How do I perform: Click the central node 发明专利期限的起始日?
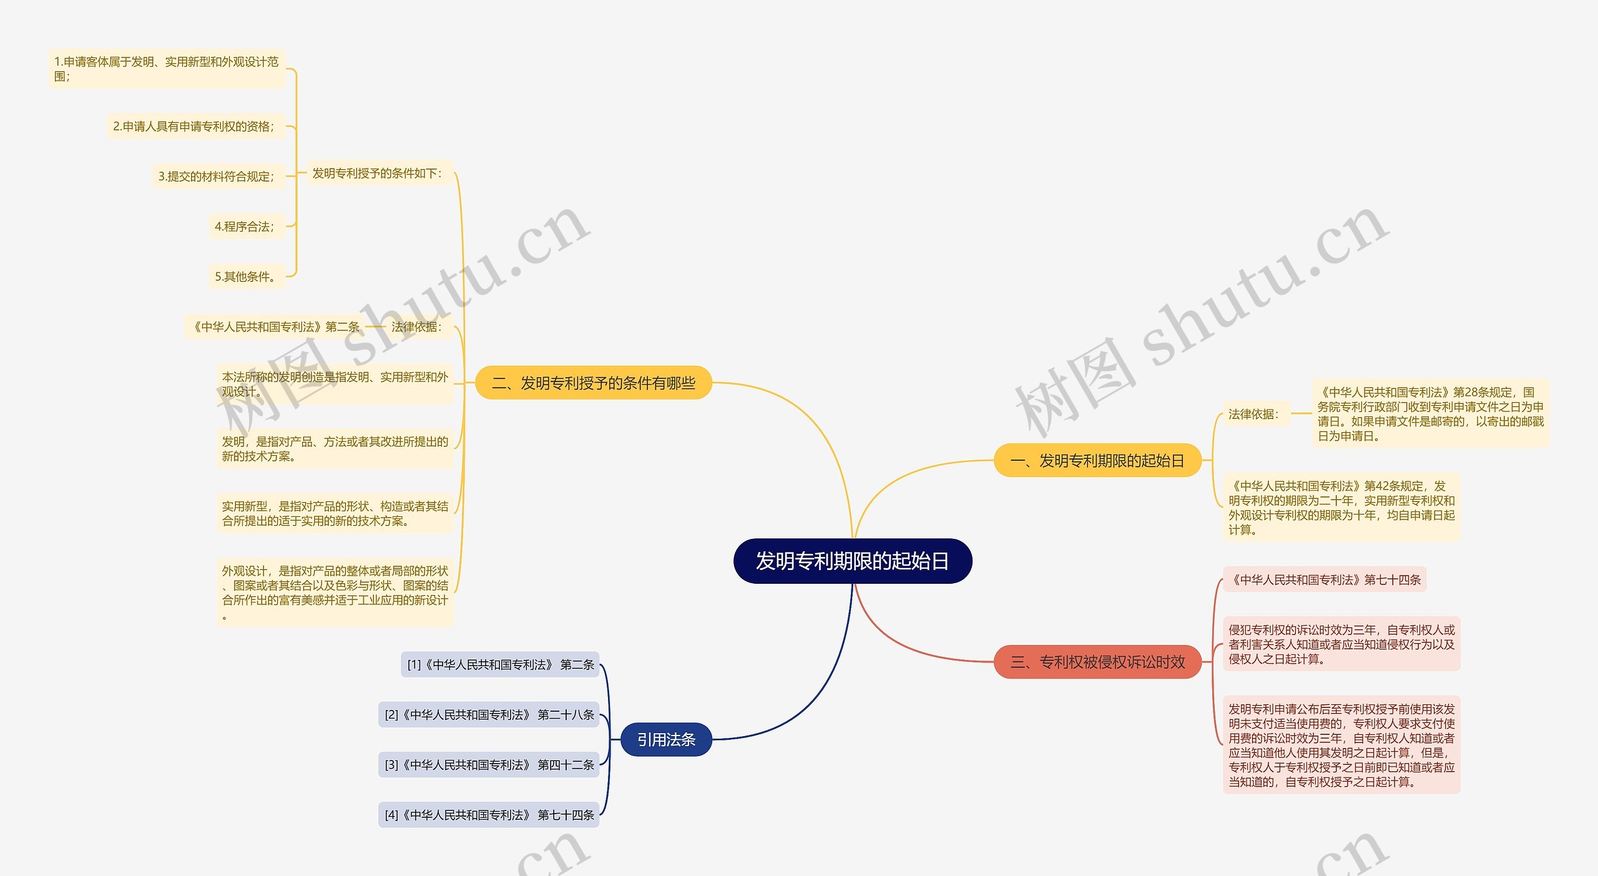click(852, 561)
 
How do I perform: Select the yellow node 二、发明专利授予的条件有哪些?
click(593, 383)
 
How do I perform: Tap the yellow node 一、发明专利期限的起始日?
click(1097, 461)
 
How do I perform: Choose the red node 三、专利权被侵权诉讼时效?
click(1097, 662)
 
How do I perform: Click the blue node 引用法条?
click(666, 739)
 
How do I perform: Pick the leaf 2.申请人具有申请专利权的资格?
click(194, 126)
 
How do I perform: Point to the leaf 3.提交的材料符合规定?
click(217, 176)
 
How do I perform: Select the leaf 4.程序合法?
click(245, 226)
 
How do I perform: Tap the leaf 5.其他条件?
click(246, 276)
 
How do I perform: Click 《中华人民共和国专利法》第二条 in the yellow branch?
click(275, 327)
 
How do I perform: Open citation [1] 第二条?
click(500, 664)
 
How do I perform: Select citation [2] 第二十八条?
click(489, 714)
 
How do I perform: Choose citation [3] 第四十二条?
click(489, 764)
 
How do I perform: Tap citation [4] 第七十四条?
click(489, 815)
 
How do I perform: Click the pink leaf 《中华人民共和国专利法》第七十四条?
click(1325, 579)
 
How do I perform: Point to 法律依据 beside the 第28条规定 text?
click(1255, 413)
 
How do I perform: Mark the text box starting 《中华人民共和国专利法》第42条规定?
click(1341, 507)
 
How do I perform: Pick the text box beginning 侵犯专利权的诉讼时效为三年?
click(1341, 644)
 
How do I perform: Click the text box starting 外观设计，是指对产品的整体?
click(335, 592)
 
